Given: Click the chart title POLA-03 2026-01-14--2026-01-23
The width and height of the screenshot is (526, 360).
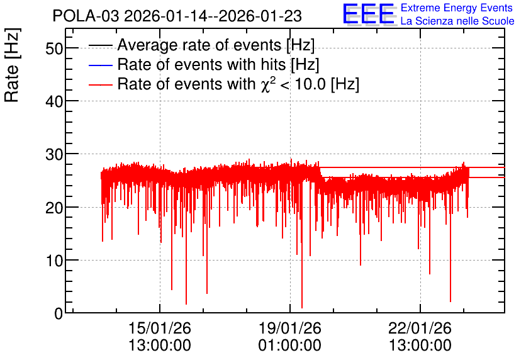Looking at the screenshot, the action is pyautogui.click(x=177, y=16).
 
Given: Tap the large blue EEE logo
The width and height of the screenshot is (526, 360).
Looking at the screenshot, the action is pyautogui.click(x=368, y=14).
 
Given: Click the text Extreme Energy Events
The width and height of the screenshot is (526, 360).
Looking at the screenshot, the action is pyautogui.click(x=457, y=8).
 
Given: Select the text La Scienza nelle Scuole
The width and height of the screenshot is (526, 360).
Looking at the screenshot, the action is pyautogui.click(x=457, y=21).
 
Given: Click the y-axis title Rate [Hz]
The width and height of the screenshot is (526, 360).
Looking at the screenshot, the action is pyautogui.click(x=12, y=65).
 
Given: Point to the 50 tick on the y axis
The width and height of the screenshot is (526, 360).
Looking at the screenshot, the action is pyautogui.click(x=54, y=48).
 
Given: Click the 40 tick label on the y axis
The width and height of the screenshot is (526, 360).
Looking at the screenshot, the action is pyautogui.click(x=54, y=101).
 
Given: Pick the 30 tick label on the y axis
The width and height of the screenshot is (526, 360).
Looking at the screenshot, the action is pyautogui.click(x=54, y=155).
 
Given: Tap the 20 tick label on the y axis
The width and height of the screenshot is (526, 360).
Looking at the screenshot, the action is pyautogui.click(x=54, y=208).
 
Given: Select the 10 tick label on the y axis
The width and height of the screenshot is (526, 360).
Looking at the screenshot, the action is pyautogui.click(x=54, y=261).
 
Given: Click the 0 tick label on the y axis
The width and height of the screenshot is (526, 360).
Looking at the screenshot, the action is pyautogui.click(x=59, y=313).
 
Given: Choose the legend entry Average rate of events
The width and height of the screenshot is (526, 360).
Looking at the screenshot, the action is pyautogui.click(x=216, y=45).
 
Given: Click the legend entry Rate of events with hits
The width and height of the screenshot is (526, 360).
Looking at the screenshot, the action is pyautogui.click(x=218, y=64).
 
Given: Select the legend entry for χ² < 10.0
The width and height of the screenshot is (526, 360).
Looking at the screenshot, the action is pyautogui.click(x=238, y=84).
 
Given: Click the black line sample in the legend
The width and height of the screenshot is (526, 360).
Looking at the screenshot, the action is pyautogui.click(x=100, y=45).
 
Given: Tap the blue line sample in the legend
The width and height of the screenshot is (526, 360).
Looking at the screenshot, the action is pyautogui.click(x=100, y=65).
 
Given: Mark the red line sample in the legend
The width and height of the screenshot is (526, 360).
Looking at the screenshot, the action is pyautogui.click(x=100, y=84).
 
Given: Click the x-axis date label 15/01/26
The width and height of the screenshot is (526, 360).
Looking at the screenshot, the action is pyautogui.click(x=160, y=328).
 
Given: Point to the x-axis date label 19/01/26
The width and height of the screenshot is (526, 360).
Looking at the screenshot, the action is pyautogui.click(x=290, y=328).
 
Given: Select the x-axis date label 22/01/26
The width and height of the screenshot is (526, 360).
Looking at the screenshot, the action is pyautogui.click(x=420, y=328).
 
